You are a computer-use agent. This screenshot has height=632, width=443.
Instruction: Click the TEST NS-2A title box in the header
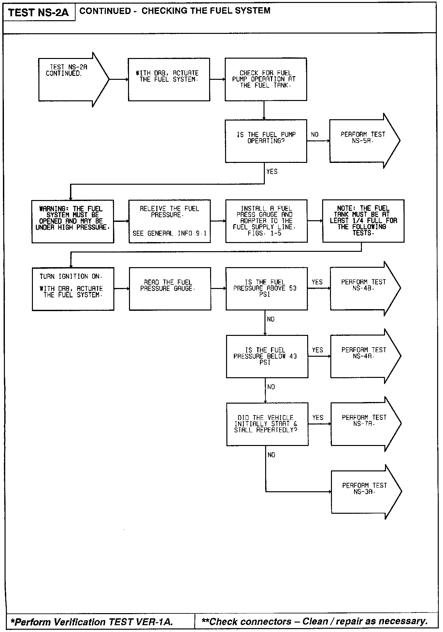click(x=39, y=13)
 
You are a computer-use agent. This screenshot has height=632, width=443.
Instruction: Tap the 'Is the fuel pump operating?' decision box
click(x=266, y=141)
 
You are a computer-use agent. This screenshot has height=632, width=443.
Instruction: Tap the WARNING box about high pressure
click(x=73, y=221)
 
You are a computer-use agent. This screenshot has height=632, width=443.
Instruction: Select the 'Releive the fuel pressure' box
click(x=169, y=221)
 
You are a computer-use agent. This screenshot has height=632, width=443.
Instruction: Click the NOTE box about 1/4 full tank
click(x=363, y=221)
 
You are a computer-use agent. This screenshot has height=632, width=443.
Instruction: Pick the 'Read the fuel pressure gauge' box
click(x=170, y=289)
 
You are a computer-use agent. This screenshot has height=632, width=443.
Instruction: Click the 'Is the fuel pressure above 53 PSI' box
click(x=266, y=289)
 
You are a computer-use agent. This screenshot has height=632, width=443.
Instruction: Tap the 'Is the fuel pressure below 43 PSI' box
click(x=267, y=356)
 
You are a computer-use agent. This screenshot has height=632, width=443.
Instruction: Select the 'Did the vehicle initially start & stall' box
click(x=267, y=424)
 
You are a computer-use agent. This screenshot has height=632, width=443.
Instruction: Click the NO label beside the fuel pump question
click(x=315, y=135)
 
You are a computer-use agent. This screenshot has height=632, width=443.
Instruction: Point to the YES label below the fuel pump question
click(x=272, y=171)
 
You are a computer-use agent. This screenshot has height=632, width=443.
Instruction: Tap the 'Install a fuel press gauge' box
click(x=266, y=221)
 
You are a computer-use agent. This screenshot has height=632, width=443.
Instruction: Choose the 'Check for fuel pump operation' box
click(x=266, y=79)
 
